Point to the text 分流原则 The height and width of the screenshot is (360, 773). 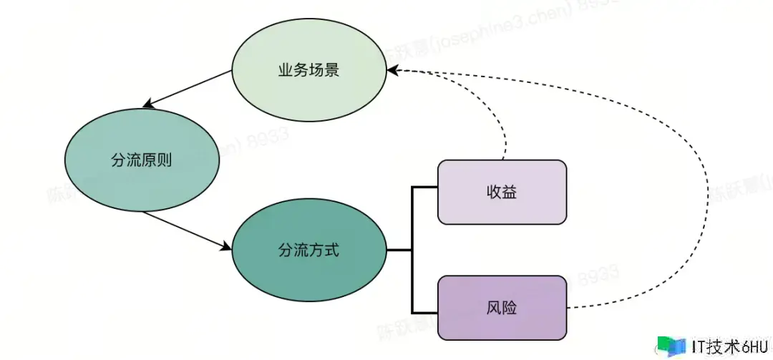pyautogui.click(x=141, y=160)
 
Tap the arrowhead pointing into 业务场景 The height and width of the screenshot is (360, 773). pyautogui.click(x=392, y=71)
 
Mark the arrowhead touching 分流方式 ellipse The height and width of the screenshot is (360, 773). pyautogui.click(x=227, y=247)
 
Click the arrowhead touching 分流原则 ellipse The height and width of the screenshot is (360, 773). pyautogui.click(x=147, y=104)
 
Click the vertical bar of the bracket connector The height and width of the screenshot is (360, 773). pyautogui.click(x=412, y=250)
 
